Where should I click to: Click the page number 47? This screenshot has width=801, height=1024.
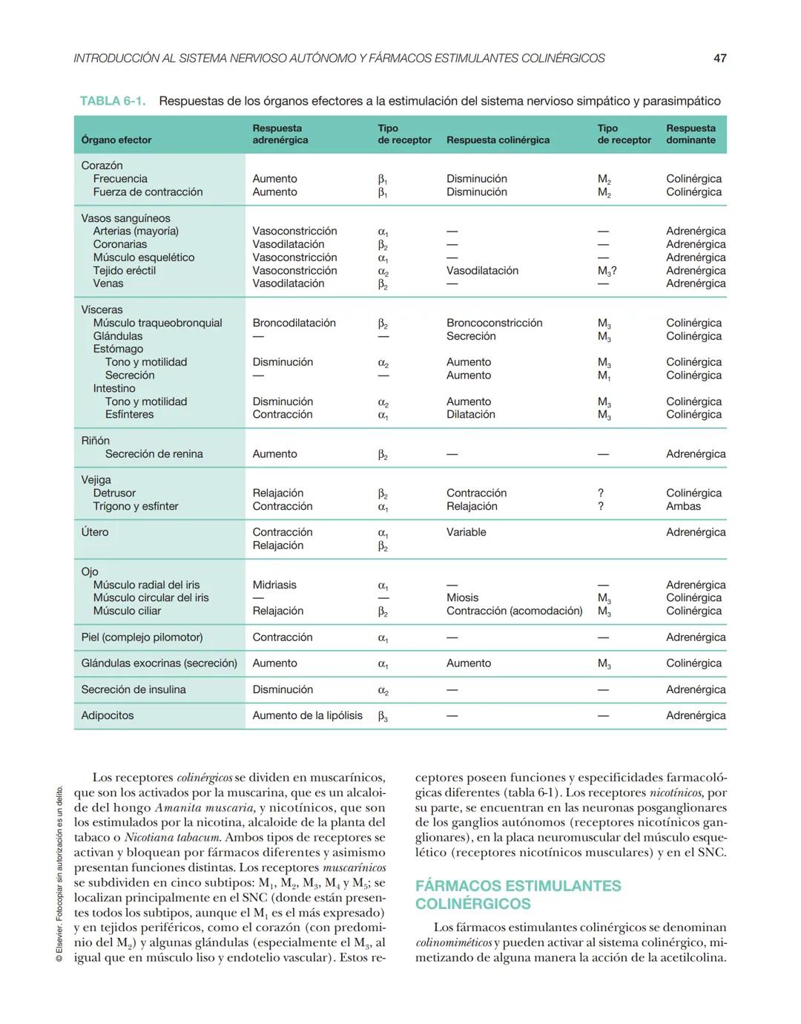tap(719, 58)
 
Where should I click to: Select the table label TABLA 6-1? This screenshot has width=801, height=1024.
tap(113, 101)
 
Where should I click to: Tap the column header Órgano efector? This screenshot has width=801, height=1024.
tap(116, 140)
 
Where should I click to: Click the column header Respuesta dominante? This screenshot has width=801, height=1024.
tap(690, 134)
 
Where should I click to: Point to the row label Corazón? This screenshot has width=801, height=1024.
tap(102, 165)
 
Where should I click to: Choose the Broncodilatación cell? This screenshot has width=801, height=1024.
tap(294, 323)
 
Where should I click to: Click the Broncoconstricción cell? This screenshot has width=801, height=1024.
tap(494, 323)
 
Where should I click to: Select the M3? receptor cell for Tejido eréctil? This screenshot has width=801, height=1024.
tap(607, 271)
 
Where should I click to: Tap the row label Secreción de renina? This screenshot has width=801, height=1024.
tap(154, 454)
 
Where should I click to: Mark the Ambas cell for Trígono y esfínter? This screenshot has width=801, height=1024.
tap(683, 506)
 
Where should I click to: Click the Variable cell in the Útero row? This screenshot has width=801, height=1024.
tap(466, 532)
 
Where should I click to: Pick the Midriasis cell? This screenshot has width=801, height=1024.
tap(274, 585)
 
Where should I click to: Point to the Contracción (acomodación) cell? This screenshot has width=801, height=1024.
tap(514, 611)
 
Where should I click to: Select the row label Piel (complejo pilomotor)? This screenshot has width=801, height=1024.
tap(142, 637)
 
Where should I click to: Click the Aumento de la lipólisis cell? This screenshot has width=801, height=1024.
tap(307, 715)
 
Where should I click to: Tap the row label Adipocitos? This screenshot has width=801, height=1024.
tap(108, 715)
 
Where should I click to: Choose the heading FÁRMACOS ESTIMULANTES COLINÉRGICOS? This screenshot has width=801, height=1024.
tap(518, 895)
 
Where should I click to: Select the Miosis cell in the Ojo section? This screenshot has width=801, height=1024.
tap(462, 597)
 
